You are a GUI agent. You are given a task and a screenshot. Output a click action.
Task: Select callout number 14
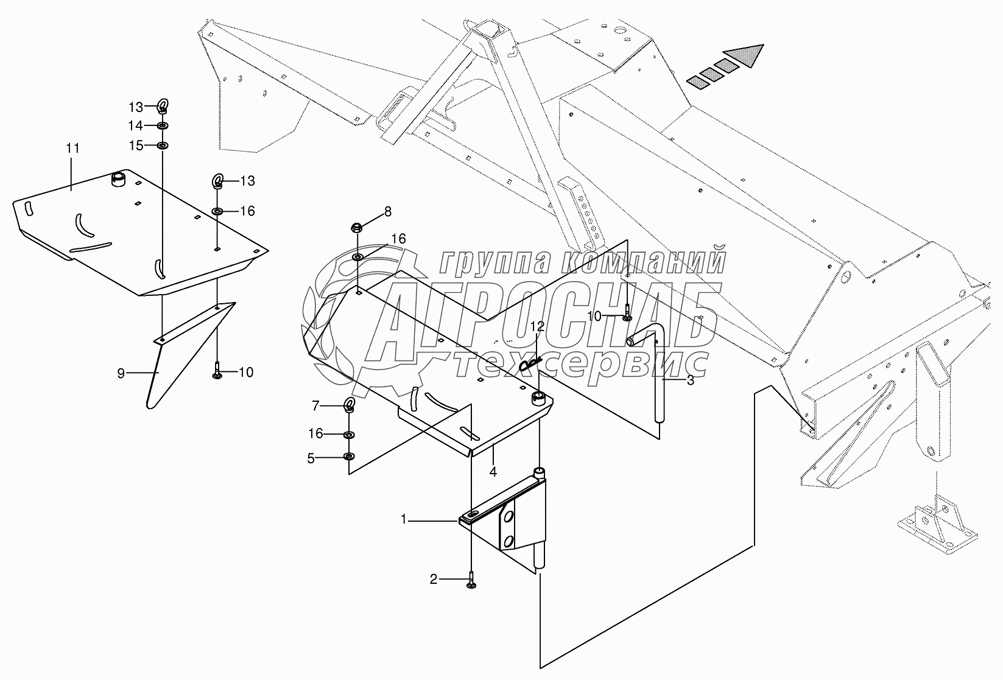tap(135, 125)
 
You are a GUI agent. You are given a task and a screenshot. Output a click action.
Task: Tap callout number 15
tap(135, 145)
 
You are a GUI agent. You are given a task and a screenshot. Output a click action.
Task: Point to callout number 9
tap(121, 373)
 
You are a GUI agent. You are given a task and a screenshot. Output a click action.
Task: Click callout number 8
tap(388, 212)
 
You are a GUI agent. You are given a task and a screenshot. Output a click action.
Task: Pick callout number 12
tap(537, 327)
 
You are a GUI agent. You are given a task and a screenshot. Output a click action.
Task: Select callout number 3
tap(690, 381)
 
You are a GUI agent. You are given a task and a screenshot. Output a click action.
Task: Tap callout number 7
tap(315, 405)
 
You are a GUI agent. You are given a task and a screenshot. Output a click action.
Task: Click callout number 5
tap(311, 458)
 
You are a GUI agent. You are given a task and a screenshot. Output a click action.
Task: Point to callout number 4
tap(493, 471)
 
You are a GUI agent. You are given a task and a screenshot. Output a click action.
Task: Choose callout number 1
tap(403, 519)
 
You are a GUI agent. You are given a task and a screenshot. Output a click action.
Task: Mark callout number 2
tap(433, 579)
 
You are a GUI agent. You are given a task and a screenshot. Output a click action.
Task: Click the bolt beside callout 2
tap(471, 580)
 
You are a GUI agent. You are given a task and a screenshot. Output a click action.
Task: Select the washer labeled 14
tap(162, 126)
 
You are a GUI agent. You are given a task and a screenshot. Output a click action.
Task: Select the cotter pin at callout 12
tap(530, 365)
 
